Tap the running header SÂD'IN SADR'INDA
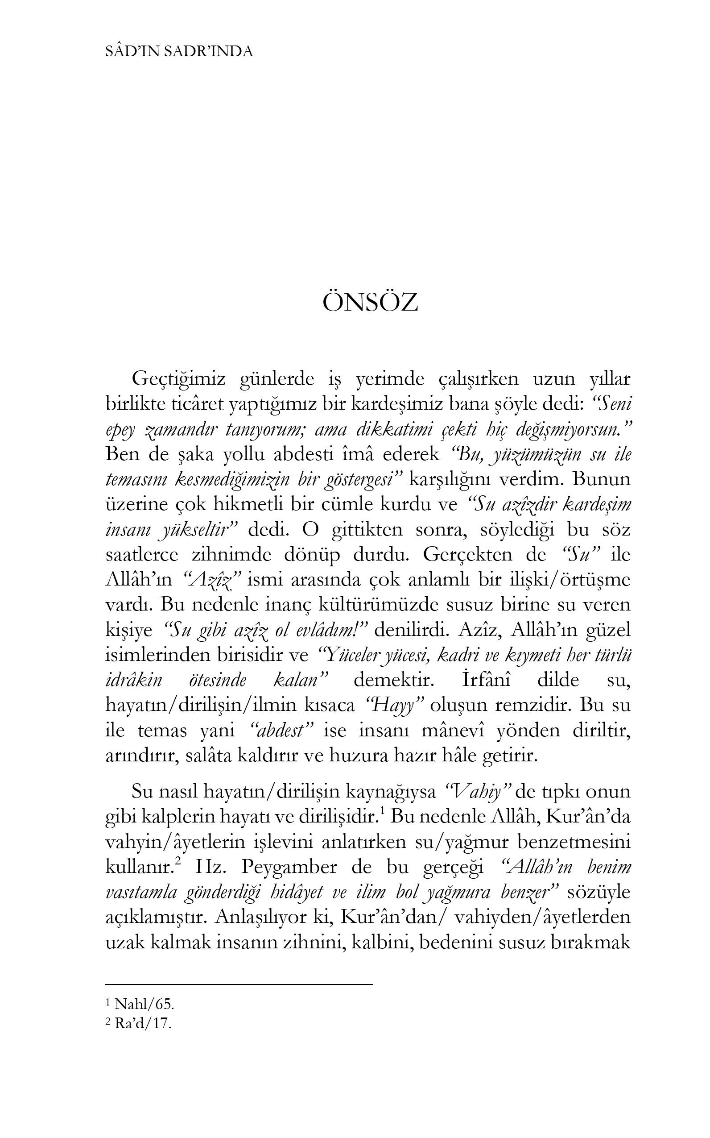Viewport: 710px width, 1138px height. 179,52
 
